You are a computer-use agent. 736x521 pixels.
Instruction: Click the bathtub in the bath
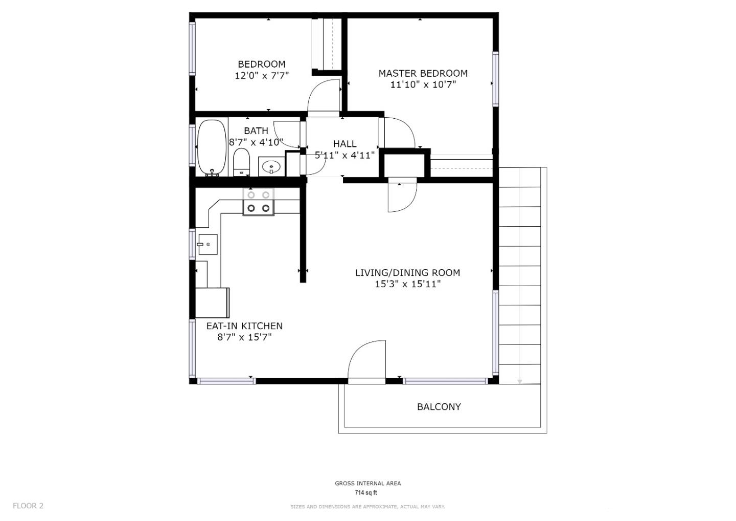[212, 147]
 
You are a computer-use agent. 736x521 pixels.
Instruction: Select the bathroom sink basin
[270, 166]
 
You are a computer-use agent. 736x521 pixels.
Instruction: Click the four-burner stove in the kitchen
[258, 202]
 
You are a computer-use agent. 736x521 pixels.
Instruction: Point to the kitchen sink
[208, 245]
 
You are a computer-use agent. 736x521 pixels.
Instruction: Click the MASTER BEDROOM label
[423, 73]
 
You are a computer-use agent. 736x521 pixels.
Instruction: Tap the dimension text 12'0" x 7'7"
[262, 76]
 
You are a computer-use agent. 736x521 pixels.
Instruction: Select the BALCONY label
[439, 407]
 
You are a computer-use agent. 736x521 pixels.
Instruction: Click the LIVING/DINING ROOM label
[407, 273]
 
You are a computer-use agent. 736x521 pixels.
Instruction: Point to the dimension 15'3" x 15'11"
[407, 284]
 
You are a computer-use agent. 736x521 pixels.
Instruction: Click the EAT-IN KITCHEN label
[244, 326]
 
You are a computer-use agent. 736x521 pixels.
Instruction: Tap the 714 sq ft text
[366, 493]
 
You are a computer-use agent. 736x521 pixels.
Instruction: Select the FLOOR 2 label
[28, 506]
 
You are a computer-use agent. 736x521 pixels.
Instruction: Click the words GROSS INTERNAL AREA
[367, 483]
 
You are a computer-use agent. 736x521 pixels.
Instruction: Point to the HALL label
[344, 144]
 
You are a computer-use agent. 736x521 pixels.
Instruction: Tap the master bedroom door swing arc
[402, 132]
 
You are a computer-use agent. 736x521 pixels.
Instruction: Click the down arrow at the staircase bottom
[520, 381]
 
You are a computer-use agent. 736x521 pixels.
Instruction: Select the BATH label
[256, 131]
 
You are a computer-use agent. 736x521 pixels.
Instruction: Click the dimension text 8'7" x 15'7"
[244, 337]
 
